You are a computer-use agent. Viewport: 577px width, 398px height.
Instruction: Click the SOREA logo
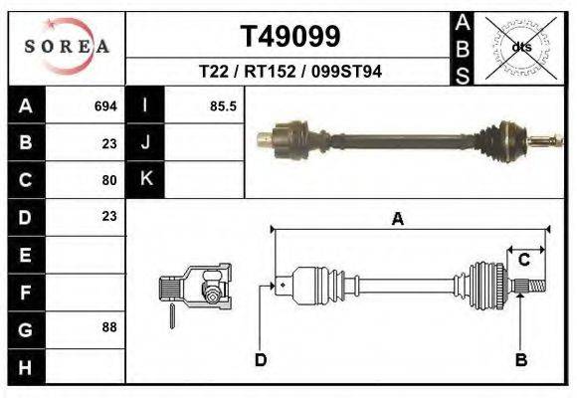point(67,47)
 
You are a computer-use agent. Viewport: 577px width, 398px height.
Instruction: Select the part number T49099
point(290,36)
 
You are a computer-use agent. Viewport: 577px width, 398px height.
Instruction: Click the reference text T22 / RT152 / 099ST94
point(290,72)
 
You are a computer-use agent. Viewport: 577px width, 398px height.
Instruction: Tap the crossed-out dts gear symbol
point(520,46)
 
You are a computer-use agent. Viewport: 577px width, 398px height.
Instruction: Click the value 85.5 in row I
point(223,105)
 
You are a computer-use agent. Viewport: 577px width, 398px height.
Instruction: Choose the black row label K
point(145,179)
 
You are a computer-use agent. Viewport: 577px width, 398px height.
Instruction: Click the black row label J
point(145,142)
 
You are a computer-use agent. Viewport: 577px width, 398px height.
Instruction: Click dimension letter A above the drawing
point(397,220)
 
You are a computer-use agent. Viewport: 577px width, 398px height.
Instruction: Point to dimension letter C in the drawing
point(523,261)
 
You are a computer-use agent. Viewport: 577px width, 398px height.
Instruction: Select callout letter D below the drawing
point(261,359)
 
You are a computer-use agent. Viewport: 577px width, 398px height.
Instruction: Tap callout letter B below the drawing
point(520,359)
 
